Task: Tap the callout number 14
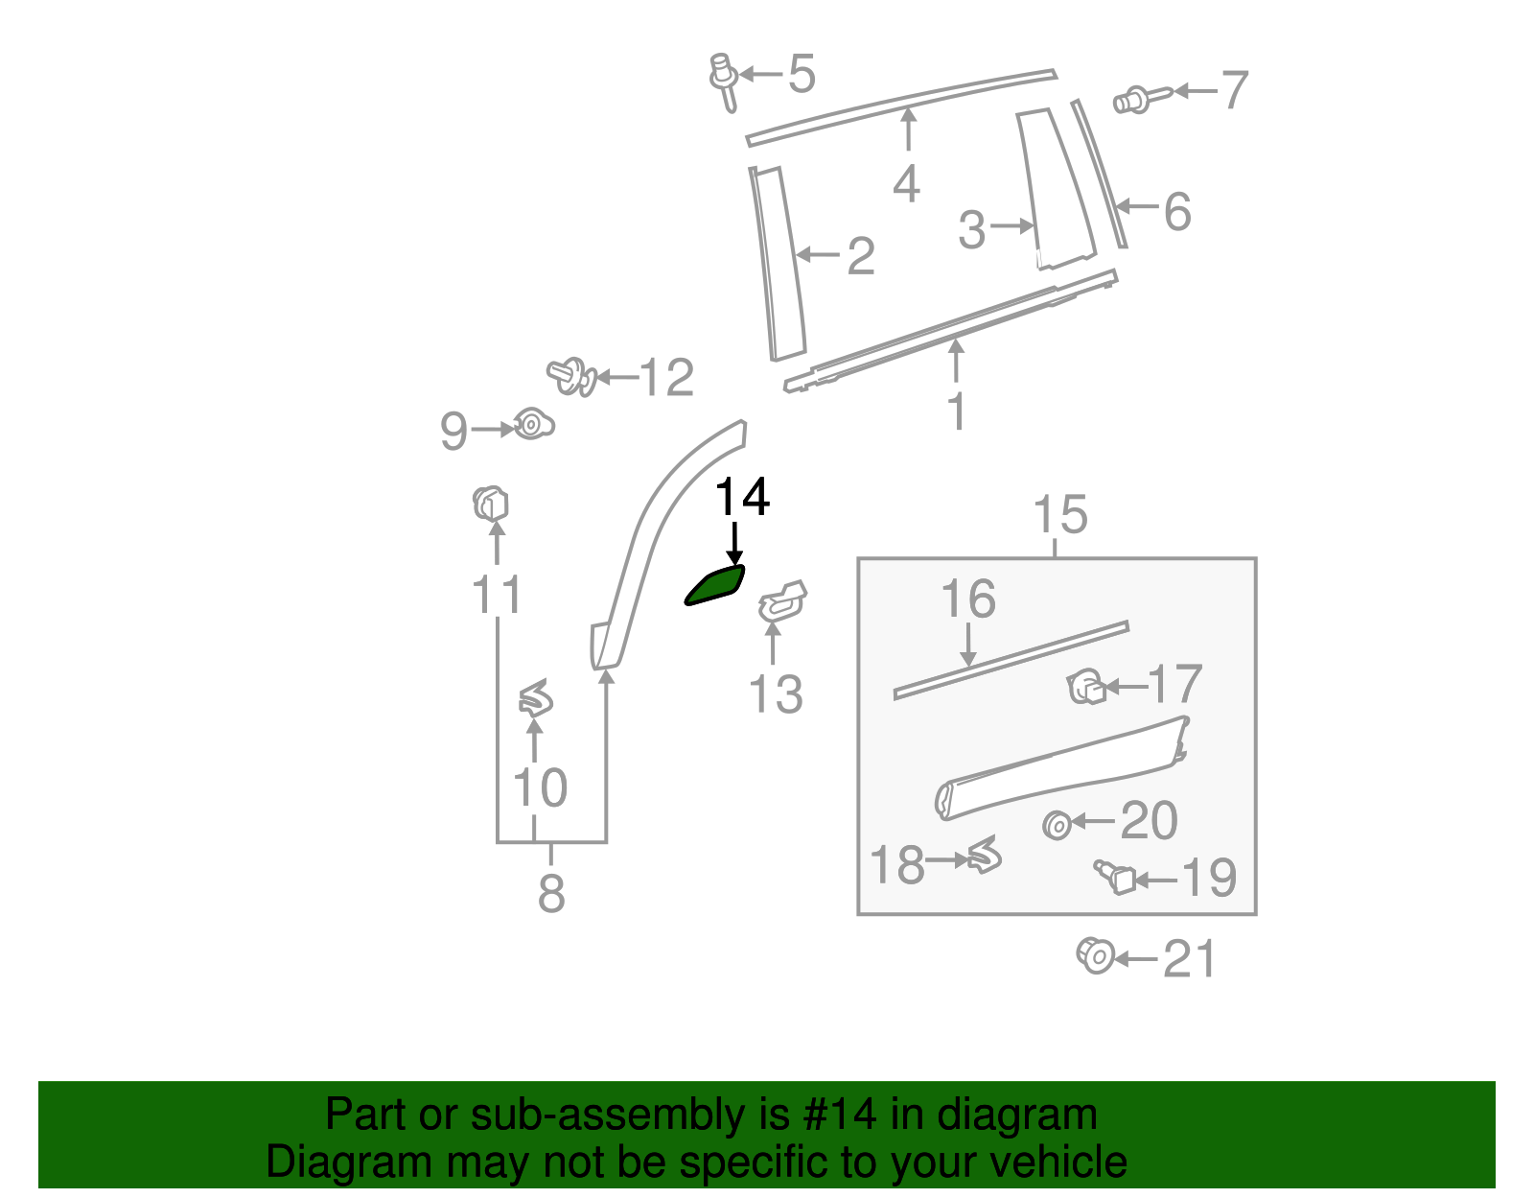coord(742,498)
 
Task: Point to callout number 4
coord(906,183)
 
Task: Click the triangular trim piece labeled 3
coord(1055,188)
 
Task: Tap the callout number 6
coord(1177,212)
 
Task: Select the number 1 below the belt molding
coord(956,411)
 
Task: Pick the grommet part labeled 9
coord(532,423)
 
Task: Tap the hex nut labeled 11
coord(491,504)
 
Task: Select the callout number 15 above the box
coord(1060,515)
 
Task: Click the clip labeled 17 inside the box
coord(1086,687)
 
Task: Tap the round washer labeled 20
coord(1057,825)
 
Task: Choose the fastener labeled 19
coord(1115,876)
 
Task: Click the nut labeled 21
coord(1095,955)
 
